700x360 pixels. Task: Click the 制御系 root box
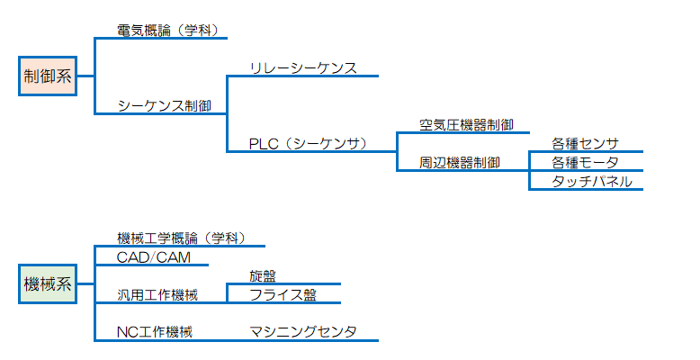(48, 76)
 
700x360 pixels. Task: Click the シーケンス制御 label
(164, 105)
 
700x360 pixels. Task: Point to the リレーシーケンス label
(303, 67)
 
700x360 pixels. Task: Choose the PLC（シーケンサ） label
(309, 143)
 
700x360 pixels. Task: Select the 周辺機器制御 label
(460, 162)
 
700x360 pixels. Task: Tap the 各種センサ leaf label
(586, 143)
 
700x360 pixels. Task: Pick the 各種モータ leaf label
(586, 162)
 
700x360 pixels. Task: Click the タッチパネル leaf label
(586, 181)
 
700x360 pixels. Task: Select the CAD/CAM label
(154, 257)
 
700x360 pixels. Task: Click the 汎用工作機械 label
(157, 294)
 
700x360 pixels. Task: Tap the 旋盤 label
(264, 275)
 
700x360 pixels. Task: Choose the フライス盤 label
(283, 294)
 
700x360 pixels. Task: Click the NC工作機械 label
(155, 332)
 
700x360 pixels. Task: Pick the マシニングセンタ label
(303, 332)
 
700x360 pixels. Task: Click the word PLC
(265, 143)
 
